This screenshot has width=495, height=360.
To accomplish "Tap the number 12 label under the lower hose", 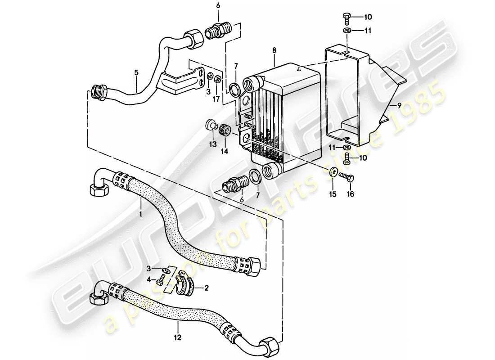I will pyautogui.click(x=179, y=337).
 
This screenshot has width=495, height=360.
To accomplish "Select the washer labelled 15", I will pyautogui.click(x=333, y=171).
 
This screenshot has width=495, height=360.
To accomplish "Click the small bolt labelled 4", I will pyautogui.click(x=161, y=282).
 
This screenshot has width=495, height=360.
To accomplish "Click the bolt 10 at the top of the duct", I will pyautogui.click(x=347, y=18).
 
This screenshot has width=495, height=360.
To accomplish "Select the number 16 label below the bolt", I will pyautogui.click(x=350, y=194).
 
